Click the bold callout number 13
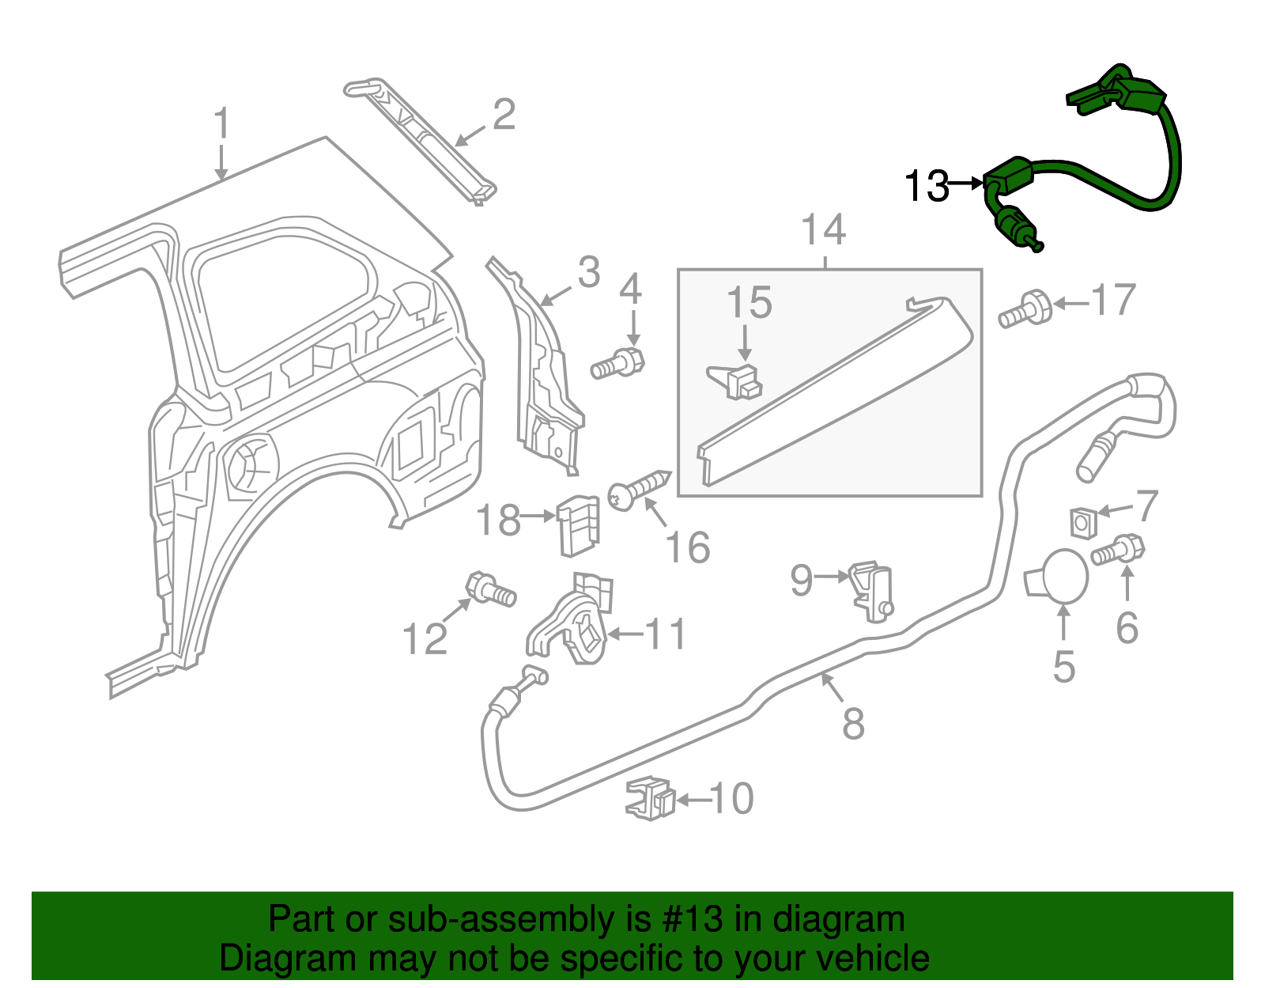(x=927, y=187)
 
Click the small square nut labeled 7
(x=1082, y=522)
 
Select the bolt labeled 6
(x=1119, y=550)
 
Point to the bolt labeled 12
(x=490, y=589)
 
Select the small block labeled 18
(x=579, y=526)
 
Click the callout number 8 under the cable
(x=853, y=723)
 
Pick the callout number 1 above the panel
(x=222, y=124)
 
